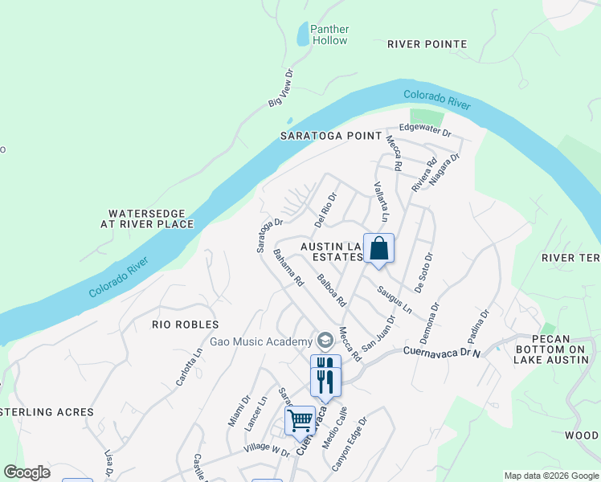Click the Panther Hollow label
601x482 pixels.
click(329, 35)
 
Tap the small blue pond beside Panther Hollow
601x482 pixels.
click(303, 35)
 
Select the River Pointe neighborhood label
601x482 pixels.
click(427, 43)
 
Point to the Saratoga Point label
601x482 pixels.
click(329, 136)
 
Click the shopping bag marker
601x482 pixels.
click(378, 249)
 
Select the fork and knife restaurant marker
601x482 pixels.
click(325, 378)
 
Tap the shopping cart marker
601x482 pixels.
click(300, 421)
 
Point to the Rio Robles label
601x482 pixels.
click(186, 325)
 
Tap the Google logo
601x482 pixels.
click(27, 472)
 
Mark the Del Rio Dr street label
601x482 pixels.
click(325, 206)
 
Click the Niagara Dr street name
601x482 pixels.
click(443, 170)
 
